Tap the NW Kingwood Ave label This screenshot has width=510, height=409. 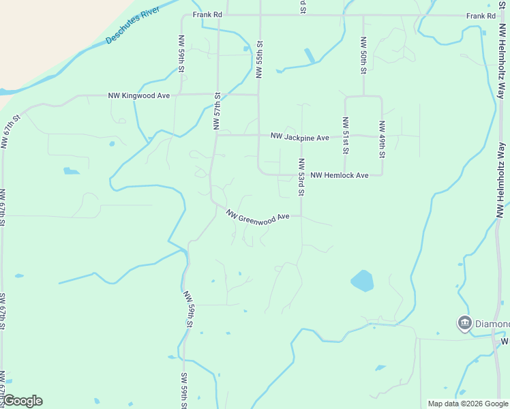coord(139,96)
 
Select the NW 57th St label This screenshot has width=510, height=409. coord(217,111)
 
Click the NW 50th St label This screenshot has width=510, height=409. coord(363,55)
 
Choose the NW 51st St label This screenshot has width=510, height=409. coord(346,136)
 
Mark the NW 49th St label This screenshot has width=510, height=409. coord(382,139)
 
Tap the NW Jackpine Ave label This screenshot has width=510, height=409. coord(299,138)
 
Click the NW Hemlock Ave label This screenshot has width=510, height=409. coord(340,176)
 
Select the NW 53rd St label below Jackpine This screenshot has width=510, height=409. coord(301,176)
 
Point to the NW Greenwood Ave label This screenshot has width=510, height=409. coord(258,215)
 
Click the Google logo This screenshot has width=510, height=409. coord(22,401)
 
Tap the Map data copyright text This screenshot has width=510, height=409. coord(467,404)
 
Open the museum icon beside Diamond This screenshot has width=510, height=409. coord(465,322)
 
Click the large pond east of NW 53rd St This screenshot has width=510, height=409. coord(362,280)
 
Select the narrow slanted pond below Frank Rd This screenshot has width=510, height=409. coord(310,56)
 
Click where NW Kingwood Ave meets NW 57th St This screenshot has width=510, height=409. coord(217,95)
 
